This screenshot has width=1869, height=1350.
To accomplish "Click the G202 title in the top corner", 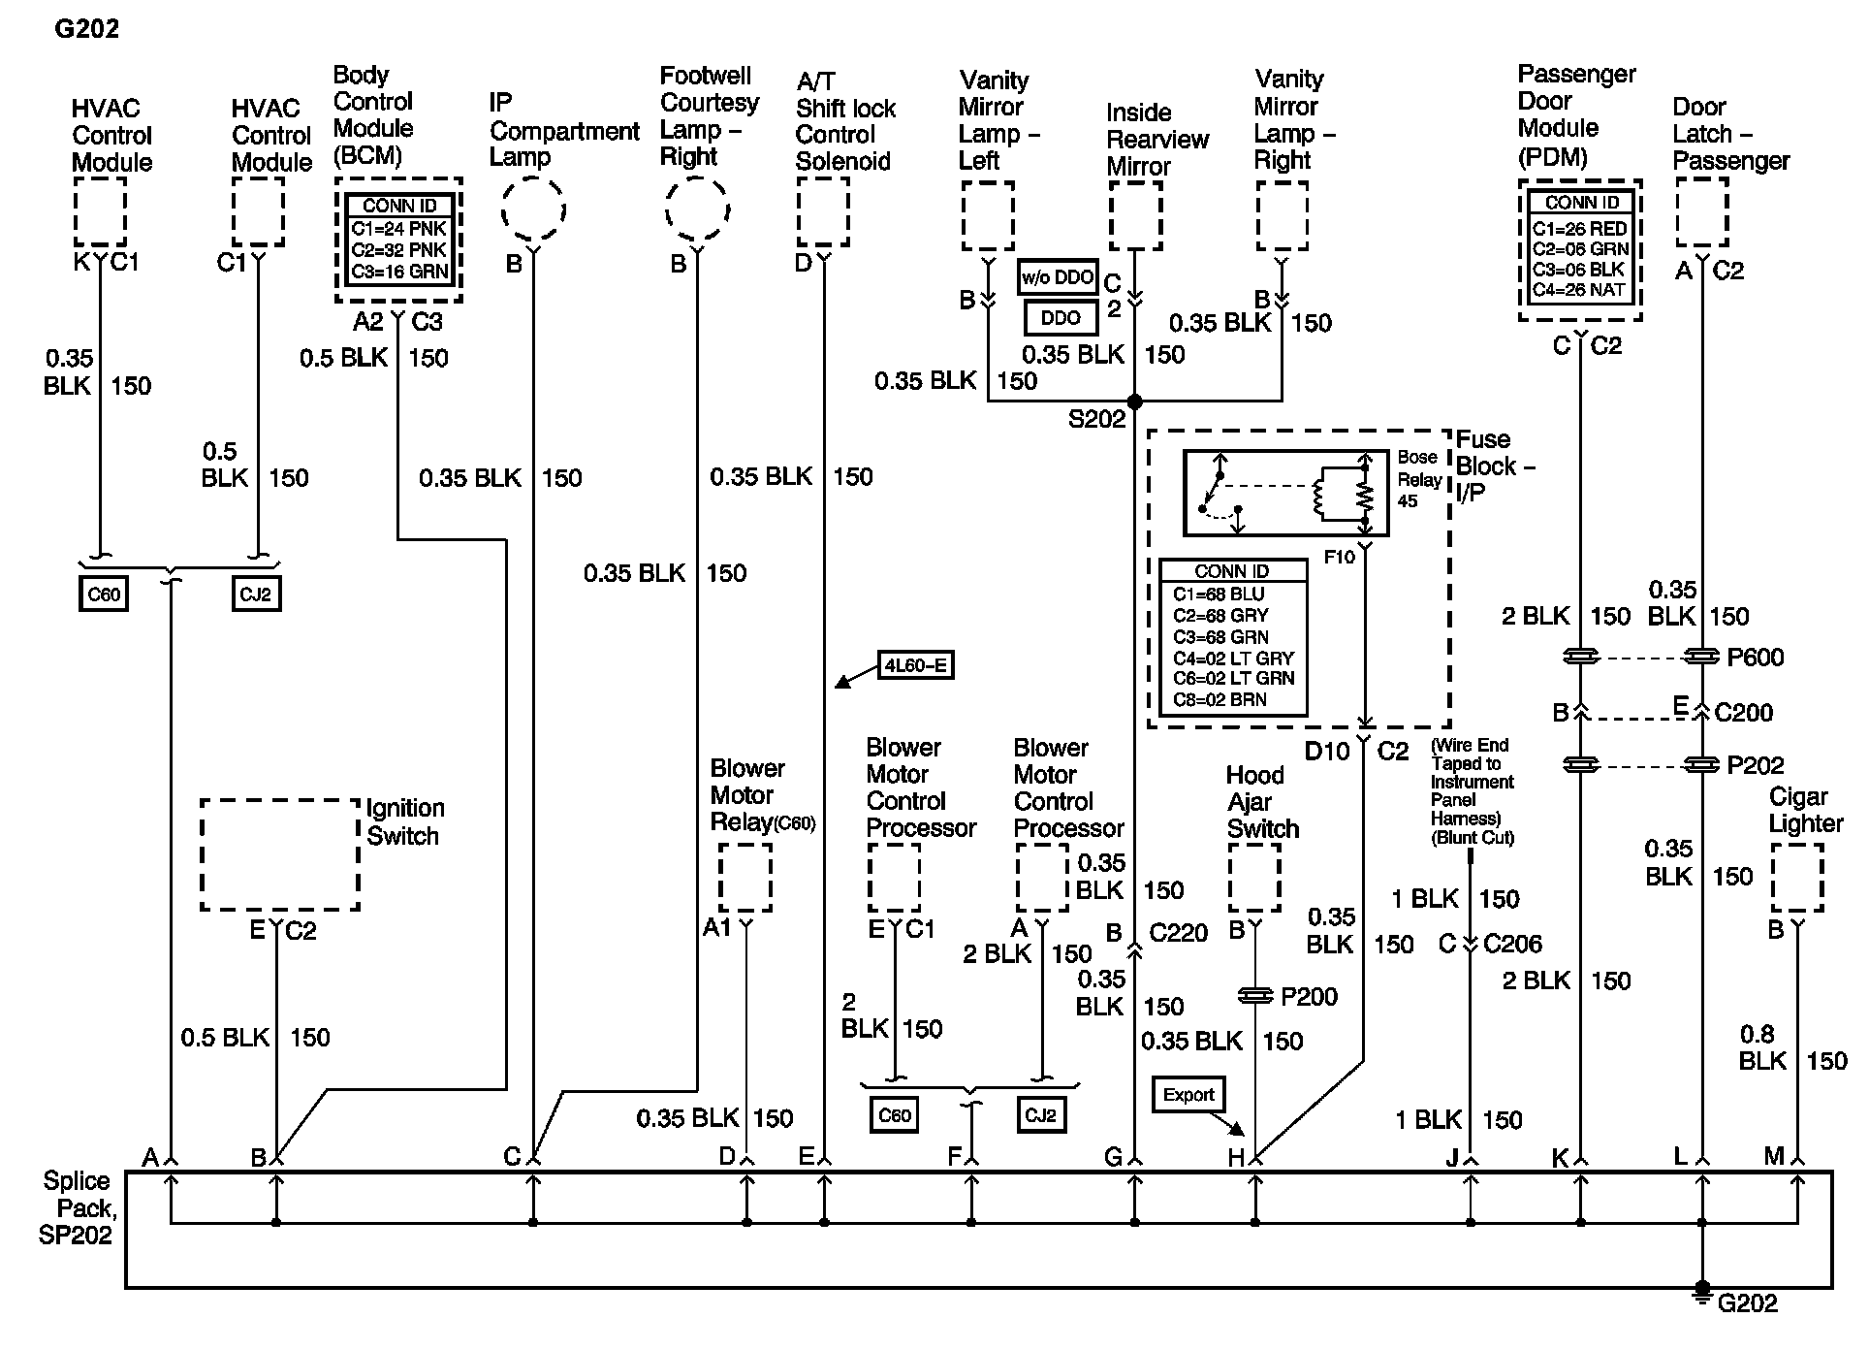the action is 87,29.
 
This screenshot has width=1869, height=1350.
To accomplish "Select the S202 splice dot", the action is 1134,402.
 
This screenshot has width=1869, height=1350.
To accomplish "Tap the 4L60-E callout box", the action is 915,665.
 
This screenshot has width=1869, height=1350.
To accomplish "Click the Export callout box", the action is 1188,1095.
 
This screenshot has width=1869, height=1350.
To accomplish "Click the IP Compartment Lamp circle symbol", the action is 533,209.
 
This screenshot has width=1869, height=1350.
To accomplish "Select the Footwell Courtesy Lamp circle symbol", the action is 697,209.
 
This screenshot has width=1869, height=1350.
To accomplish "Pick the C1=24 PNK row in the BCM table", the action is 399,229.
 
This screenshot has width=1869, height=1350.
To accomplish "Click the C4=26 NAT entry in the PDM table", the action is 1580,289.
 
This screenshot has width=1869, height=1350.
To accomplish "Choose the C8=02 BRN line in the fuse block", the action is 1220,700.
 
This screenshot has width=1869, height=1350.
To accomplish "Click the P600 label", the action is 1756,658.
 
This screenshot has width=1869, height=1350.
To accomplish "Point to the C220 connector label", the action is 1179,933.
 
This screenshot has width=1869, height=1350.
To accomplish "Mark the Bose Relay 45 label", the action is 1417,479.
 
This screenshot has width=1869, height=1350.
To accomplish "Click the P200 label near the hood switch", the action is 1309,997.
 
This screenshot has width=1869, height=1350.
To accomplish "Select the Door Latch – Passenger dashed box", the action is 1701,212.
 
